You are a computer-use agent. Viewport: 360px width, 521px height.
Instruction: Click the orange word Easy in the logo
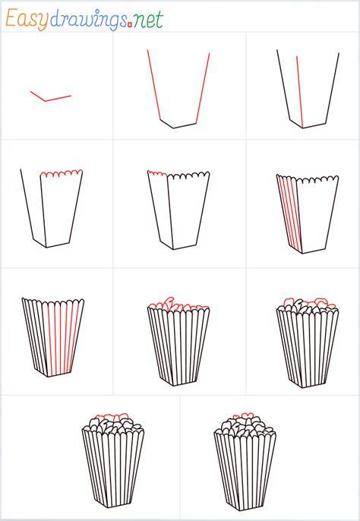click(27, 20)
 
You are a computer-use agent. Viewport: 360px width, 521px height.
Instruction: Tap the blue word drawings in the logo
click(88, 21)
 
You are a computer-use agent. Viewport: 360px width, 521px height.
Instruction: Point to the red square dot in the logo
click(130, 24)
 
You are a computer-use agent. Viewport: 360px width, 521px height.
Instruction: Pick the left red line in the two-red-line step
click(154, 85)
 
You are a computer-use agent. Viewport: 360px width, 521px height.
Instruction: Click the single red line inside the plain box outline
click(299, 92)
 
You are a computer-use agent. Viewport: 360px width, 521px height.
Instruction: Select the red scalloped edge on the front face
click(62, 172)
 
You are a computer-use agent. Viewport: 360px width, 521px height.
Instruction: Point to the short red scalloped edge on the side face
click(157, 173)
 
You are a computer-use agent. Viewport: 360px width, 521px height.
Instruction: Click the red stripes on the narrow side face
click(290, 213)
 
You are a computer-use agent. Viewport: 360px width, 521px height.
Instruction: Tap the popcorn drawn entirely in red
click(178, 304)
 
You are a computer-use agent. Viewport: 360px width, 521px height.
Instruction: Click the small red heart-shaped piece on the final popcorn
click(247, 415)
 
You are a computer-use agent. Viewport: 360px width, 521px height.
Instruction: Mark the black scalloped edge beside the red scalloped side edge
click(188, 175)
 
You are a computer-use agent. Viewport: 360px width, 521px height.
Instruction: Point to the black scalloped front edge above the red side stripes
click(317, 179)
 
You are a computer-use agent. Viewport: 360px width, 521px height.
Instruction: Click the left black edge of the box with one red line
click(283, 86)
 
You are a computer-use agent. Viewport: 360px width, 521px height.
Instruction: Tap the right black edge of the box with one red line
click(333, 88)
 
